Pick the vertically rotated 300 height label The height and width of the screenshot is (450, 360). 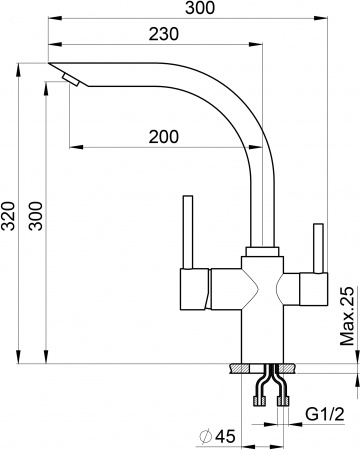coord(36,213)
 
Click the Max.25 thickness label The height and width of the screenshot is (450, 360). coord(346,314)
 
